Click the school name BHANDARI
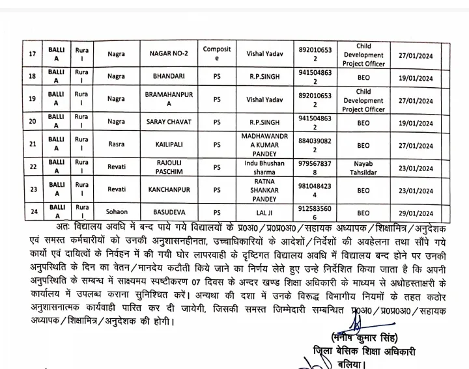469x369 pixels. point(169,77)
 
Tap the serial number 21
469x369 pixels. point(31,143)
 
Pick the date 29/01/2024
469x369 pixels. point(417,213)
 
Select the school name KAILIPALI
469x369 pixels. point(169,143)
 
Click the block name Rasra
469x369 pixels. point(116,143)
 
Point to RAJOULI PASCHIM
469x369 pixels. point(169,165)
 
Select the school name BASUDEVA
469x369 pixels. point(169,213)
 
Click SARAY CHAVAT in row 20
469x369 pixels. point(169,122)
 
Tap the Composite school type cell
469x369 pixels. point(217,53)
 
